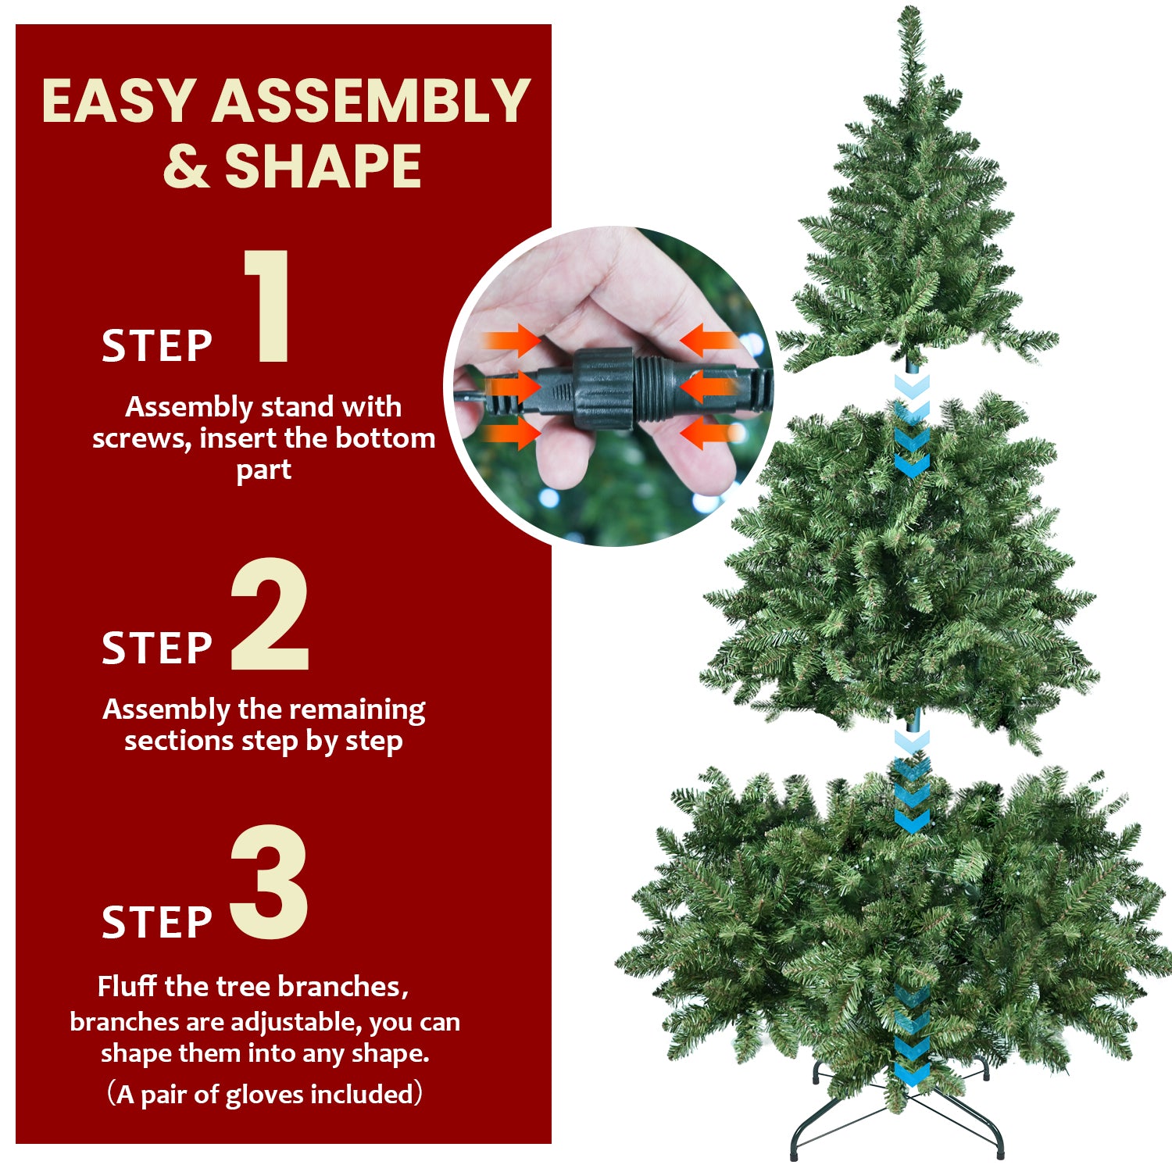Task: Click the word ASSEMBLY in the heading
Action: tap(371, 101)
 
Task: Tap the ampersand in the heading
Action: tap(186, 166)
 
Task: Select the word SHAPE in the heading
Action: tap(323, 166)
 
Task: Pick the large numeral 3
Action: tap(270, 883)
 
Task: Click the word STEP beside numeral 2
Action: tap(157, 649)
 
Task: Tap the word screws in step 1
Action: tap(141, 438)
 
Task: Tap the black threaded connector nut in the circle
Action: tap(603, 388)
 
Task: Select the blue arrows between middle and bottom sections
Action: tap(911, 781)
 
